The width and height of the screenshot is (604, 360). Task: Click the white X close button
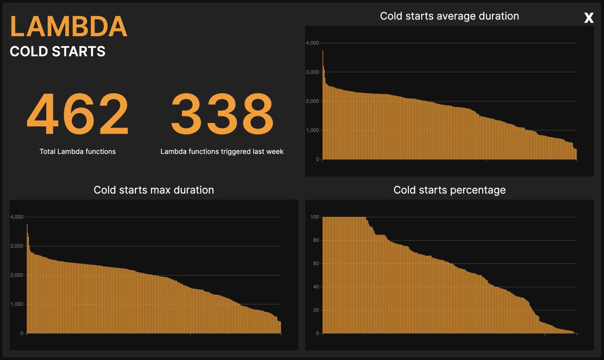tap(589, 18)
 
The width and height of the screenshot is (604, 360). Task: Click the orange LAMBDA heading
tap(68, 27)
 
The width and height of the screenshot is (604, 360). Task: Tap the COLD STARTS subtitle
tap(57, 51)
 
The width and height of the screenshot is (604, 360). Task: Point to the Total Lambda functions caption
tap(78, 152)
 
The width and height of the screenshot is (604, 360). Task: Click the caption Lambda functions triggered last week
tap(222, 152)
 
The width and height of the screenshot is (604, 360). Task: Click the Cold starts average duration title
tap(449, 16)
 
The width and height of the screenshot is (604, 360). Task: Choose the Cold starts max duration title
tap(154, 190)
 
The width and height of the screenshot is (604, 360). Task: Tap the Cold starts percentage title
tap(449, 190)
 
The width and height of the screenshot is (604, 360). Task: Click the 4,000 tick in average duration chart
tap(312, 43)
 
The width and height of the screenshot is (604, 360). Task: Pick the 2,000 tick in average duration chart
tap(312, 101)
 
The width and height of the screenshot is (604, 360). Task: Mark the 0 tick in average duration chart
tap(317, 160)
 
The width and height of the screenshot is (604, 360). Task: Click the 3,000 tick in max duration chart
tap(17, 246)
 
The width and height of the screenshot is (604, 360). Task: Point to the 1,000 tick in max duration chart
tap(17, 304)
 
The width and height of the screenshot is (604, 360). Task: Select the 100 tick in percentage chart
tap(315, 217)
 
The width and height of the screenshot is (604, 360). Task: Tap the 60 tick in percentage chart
tap(316, 263)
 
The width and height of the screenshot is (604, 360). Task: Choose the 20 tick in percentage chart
tap(316, 310)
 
